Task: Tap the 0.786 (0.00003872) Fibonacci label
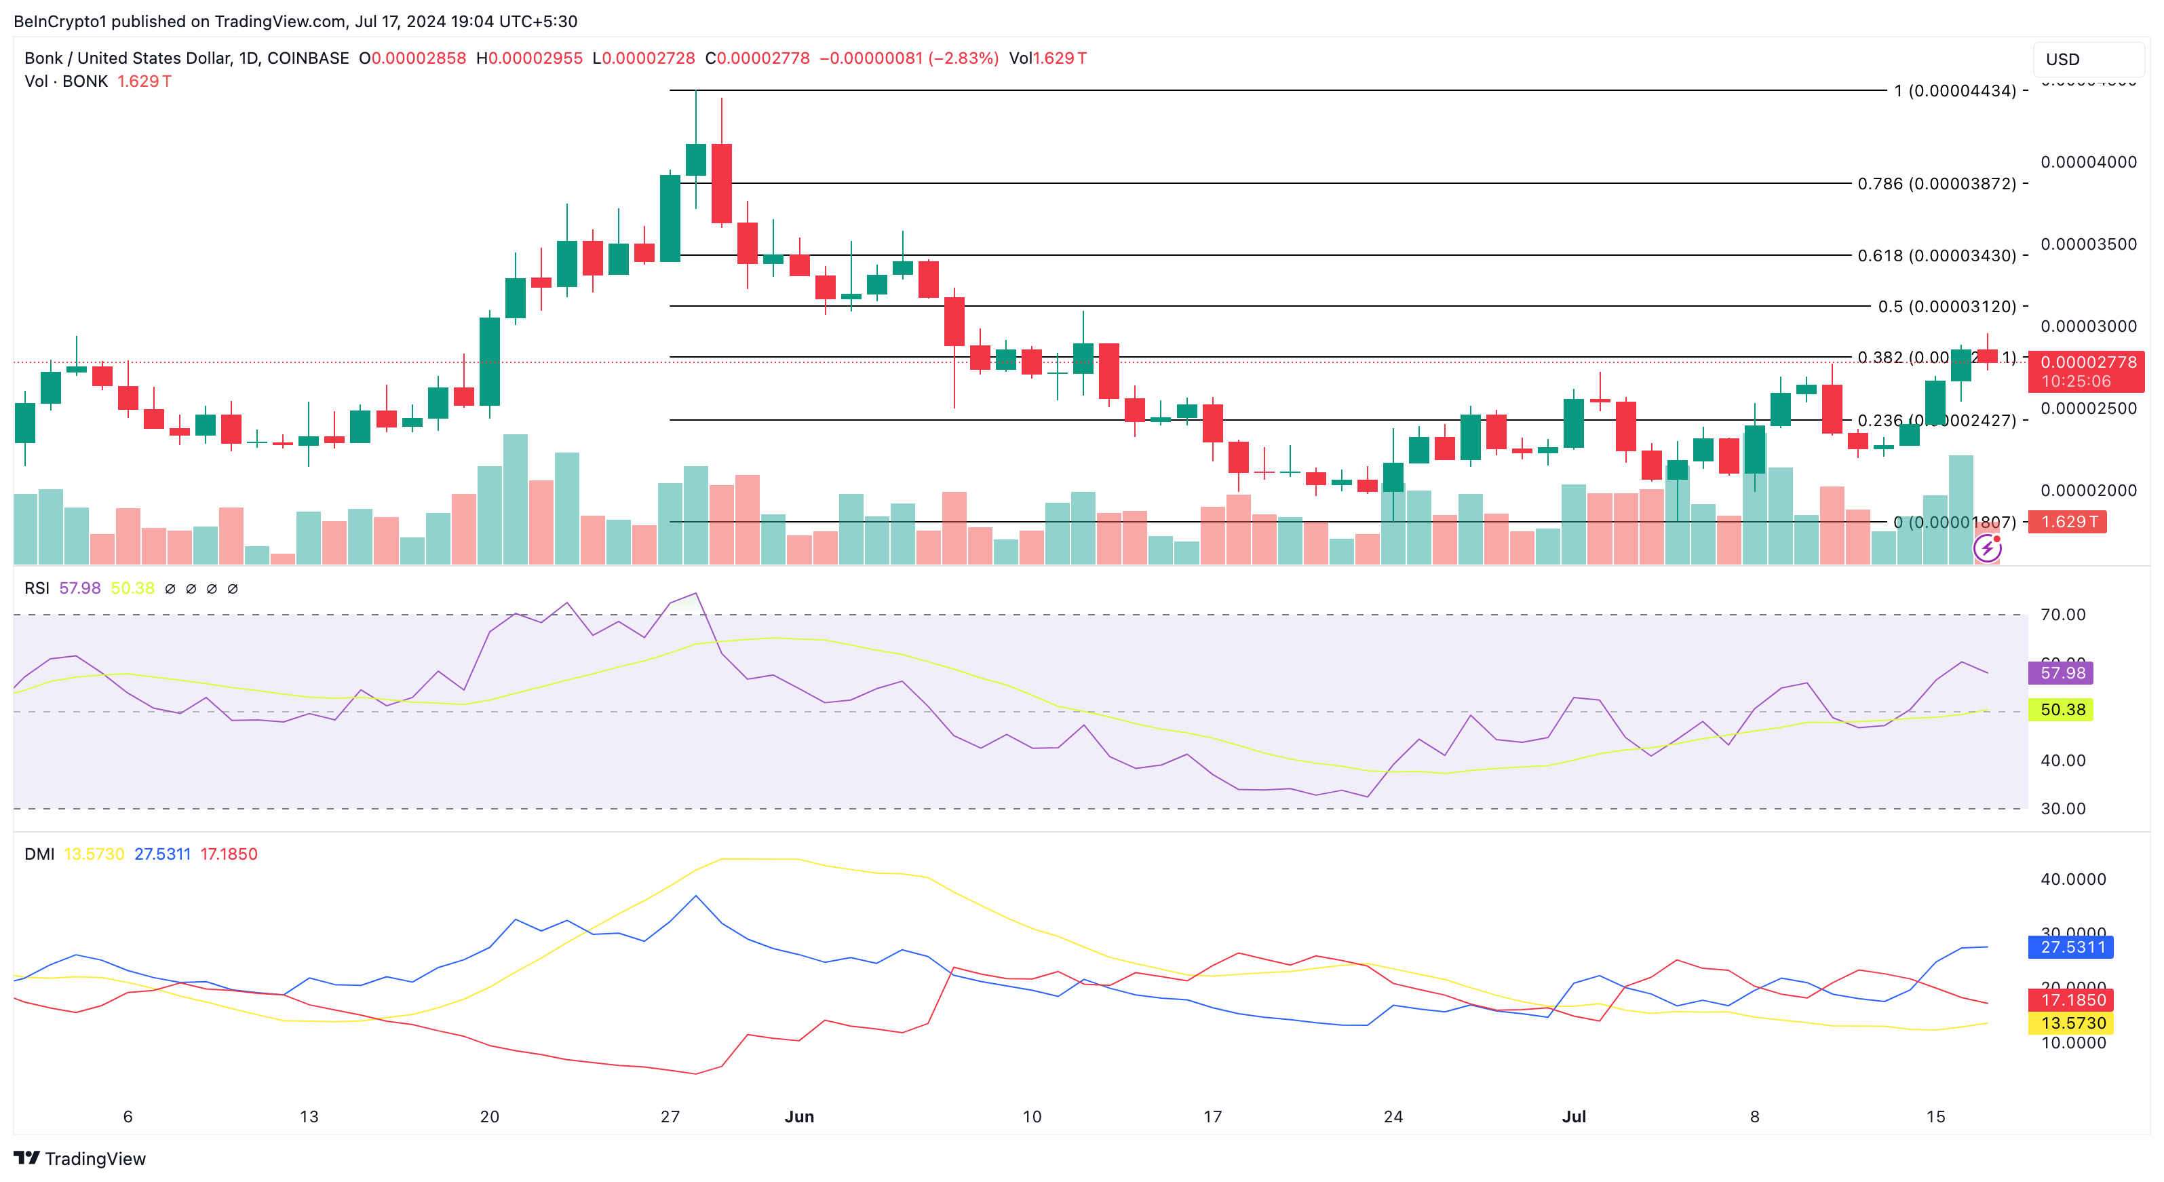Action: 1936,183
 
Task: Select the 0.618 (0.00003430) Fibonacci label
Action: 1936,255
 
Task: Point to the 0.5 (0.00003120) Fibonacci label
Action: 1946,307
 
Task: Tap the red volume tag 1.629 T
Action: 2068,522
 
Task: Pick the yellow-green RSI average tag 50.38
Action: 2062,710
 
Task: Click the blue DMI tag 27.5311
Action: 2072,947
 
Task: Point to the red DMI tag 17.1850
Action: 2072,999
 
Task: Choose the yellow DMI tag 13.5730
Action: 2072,1023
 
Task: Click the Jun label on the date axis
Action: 799,1116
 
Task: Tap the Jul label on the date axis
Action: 1573,1116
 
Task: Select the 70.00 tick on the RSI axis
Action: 2062,615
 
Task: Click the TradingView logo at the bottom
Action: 80,1158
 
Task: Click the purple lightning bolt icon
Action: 1987,548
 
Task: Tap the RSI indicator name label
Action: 36,588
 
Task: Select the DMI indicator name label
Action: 39,854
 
